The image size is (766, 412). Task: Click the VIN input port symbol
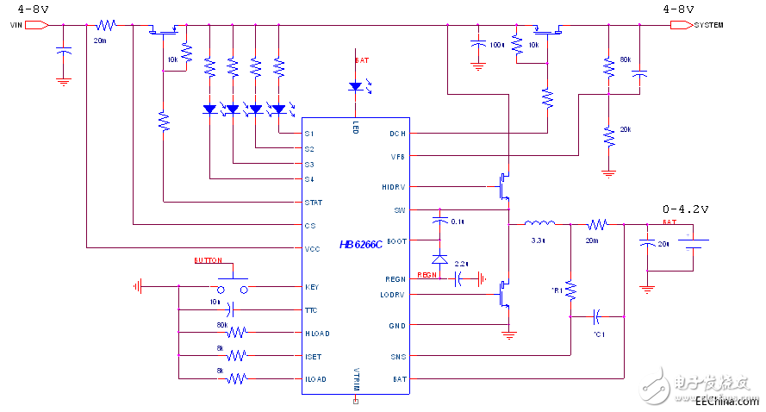(x=37, y=25)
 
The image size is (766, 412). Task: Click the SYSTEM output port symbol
(x=682, y=25)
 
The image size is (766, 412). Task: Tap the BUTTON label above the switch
(x=208, y=260)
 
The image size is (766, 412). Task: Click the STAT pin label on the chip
(x=313, y=203)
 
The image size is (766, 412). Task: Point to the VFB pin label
(x=396, y=156)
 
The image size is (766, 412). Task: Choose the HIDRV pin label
(x=393, y=186)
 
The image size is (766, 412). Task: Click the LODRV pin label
(x=393, y=295)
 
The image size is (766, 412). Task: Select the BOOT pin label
(x=395, y=241)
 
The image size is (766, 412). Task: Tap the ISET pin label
(x=313, y=355)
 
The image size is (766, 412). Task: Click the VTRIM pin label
(x=356, y=379)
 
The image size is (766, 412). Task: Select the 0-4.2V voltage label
(x=684, y=209)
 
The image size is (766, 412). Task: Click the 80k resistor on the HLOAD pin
(x=233, y=332)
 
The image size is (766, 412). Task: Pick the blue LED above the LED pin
(x=356, y=86)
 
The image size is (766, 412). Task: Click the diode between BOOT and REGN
(x=439, y=259)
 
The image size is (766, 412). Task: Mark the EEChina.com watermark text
(x=726, y=401)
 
